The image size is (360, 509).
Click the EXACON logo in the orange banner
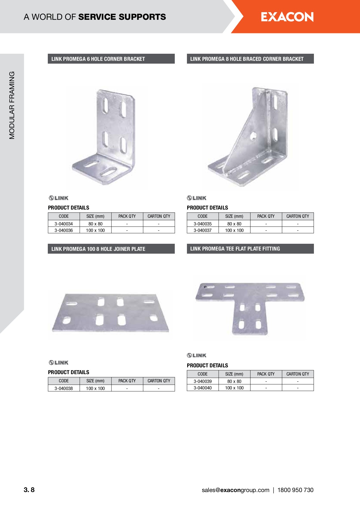pyautogui.click(x=287, y=17)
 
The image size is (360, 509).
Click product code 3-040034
pyautogui.click(x=64, y=224)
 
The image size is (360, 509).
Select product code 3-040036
pyautogui.click(x=64, y=230)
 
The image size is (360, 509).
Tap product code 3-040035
pyautogui.click(x=202, y=224)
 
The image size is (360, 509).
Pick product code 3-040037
pyautogui.click(x=202, y=230)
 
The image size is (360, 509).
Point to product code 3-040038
pyautogui.click(x=64, y=388)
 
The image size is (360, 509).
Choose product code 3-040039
pyautogui.click(x=202, y=381)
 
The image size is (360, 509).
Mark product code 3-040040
pyautogui.click(x=202, y=388)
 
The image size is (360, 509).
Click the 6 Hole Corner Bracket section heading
pyautogui.click(x=98, y=59)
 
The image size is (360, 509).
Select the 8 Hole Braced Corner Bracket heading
pyautogui.click(x=247, y=59)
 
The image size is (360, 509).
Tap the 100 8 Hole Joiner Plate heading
pyautogui.click(x=98, y=249)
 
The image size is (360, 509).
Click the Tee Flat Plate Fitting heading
pyautogui.click(x=235, y=249)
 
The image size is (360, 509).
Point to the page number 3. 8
pyautogui.click(x=29, y=490)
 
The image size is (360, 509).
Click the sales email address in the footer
pyautogui.click(x=235, y=490)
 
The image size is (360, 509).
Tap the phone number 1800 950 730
pyautogui.click(x=295, y=490)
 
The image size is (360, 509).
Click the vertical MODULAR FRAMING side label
pyautogui.click(x=12, y=105)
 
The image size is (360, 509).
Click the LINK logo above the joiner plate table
pyautogui.click(x=59, y=363)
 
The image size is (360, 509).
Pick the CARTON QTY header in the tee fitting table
pyautogui.click(x=298, y=374)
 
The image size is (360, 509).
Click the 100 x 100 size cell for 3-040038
pyautogui.click(x=95, y=388)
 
